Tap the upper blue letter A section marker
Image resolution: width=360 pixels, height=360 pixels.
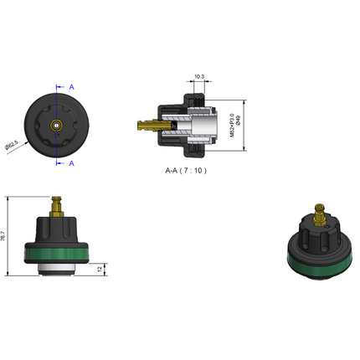click(71, 86)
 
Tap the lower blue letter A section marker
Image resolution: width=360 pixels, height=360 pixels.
click(71, 163)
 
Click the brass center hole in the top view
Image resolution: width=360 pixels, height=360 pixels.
click(55, 125)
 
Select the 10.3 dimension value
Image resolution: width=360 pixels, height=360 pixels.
click(199, 77)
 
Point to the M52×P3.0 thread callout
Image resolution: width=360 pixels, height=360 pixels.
click(231, 126)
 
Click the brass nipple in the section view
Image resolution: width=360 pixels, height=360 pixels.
click(145, 126)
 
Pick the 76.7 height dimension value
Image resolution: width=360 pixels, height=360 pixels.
click(4, 237)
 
